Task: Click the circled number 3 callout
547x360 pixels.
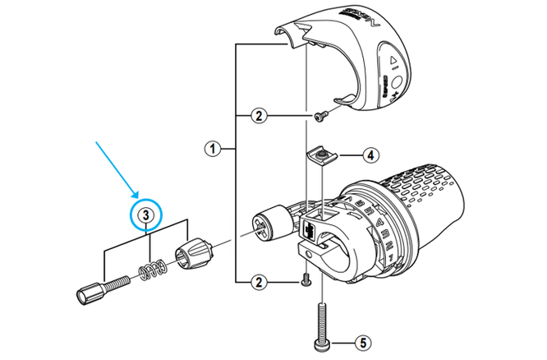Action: [145, 215]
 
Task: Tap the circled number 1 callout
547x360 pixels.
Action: [212, 149]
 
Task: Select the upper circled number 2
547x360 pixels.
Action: [259, 116]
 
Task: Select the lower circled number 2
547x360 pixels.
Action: [259, 282]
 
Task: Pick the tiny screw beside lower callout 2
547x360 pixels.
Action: [305, 279]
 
